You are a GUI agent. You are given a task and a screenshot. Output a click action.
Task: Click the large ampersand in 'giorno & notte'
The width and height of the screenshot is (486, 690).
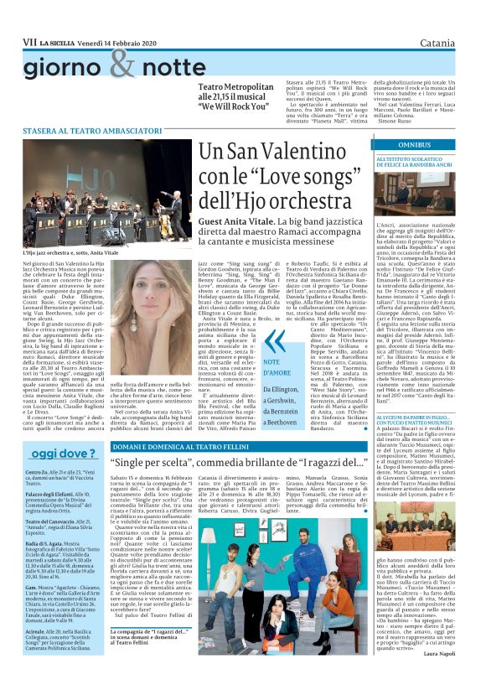click(121, 65)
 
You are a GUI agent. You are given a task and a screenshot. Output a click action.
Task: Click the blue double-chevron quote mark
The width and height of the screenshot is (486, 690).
click(250, 340)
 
